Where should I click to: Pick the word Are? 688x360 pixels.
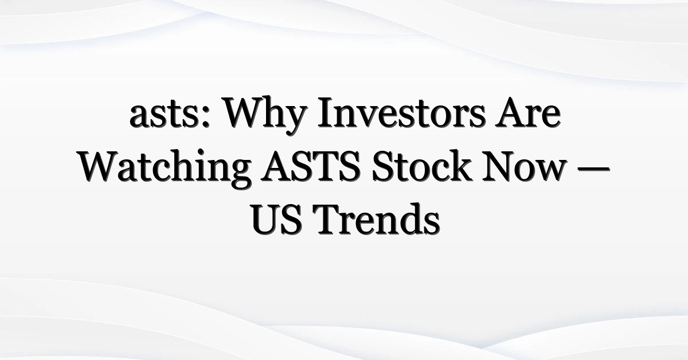click(x=527, y=113)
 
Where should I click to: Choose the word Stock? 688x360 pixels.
click(x=421, y=166)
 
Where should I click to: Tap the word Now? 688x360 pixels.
click(x=524, y=167)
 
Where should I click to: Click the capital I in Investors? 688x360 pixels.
click(x=326, y=113)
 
